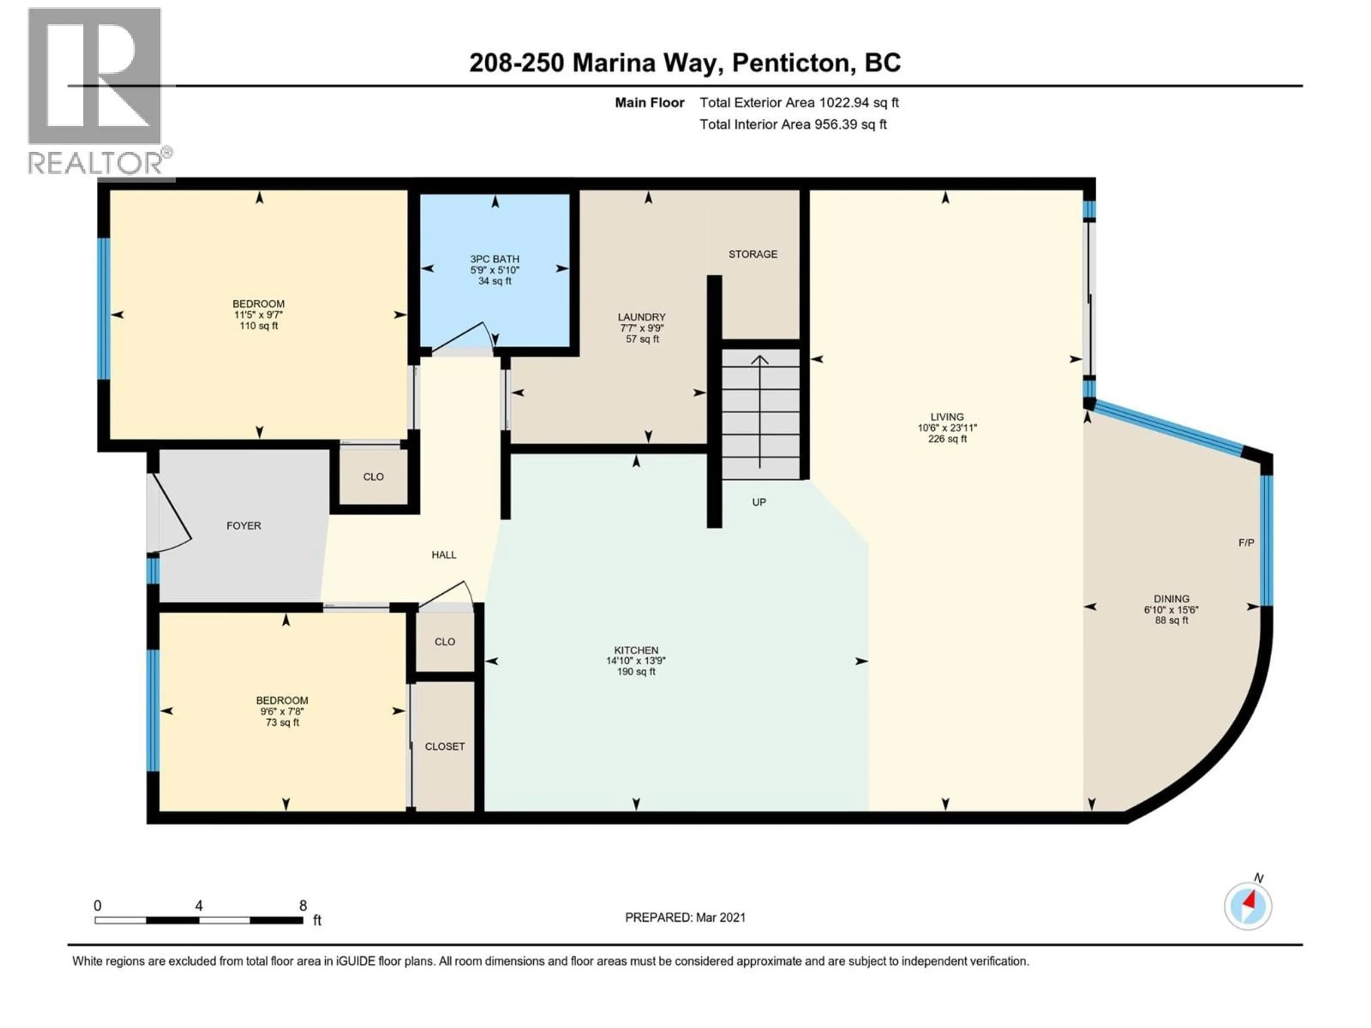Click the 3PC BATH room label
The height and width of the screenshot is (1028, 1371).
point(494,259)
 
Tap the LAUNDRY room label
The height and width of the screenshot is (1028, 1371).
point(642,317)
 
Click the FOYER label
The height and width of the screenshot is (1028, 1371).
point(243,525)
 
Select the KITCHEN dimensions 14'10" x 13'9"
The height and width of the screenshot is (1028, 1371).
point(636,661)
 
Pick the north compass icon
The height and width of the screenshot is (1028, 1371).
point(1248,906)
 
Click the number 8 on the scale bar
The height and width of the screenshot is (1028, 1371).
point(303,905)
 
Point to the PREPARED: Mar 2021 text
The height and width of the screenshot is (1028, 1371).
point(685,917)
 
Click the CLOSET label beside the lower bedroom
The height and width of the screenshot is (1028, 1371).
point(445,747)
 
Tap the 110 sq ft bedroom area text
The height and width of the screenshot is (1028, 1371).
point(258,326)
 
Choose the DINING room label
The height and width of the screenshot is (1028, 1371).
point(1171,599)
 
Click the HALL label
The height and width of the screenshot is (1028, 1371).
point(444,555)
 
